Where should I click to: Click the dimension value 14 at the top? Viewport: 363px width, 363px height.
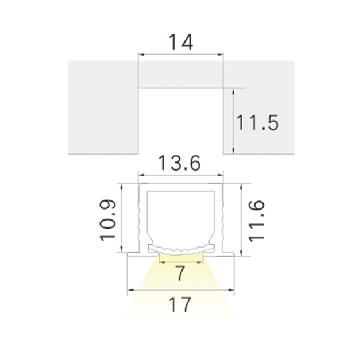coord(181,43)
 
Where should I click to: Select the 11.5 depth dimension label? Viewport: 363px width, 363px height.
coord(257,123)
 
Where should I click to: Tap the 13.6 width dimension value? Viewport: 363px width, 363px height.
coord(179,163)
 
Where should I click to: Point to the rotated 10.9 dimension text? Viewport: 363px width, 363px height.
coord(107,220)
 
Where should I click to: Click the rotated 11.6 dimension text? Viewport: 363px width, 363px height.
coord(256,221)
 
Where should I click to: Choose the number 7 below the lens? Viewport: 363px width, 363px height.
coord(180,273)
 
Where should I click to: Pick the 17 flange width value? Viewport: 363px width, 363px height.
coord(180,304)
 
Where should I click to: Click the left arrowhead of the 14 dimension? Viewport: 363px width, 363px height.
coord(141,55)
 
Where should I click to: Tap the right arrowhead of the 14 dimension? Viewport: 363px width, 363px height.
coord(220,55)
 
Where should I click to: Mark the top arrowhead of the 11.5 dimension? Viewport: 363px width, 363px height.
coord(233,91)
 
